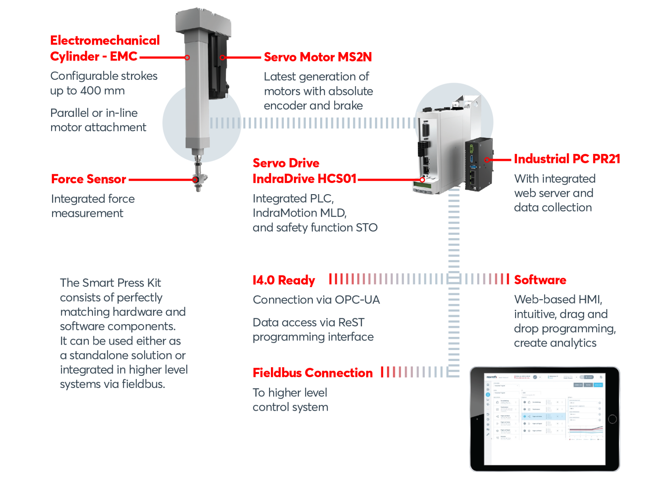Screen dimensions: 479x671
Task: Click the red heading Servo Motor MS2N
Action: click(x=318, y=57)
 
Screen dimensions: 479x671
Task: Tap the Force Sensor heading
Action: click(x=88, y=179)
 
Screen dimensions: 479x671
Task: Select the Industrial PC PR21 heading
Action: click(x=567, y=159)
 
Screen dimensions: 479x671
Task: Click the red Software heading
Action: click(x=540, y=280)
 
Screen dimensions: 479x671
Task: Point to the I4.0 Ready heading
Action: click(x=284, y=280)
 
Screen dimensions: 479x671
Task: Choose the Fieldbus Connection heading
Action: click(x=313, y=373)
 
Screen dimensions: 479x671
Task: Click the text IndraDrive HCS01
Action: click(x=304, y=179)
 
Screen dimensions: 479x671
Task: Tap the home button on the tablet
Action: click(x=612, y=419)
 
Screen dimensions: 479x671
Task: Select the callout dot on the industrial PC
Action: click(x=487, y=160)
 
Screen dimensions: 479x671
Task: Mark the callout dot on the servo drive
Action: click(x=422, y=180)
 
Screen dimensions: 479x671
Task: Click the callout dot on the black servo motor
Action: click(x=222, y=57)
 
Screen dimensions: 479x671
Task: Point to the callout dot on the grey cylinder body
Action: click(x=187, y=57)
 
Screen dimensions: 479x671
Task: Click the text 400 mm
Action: click(x=102, y=91)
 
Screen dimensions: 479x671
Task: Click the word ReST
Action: click(x=351, y=322)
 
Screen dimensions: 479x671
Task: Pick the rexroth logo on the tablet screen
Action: click(x=492, y=377)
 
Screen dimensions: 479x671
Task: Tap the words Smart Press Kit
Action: click(x=122, y=283)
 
